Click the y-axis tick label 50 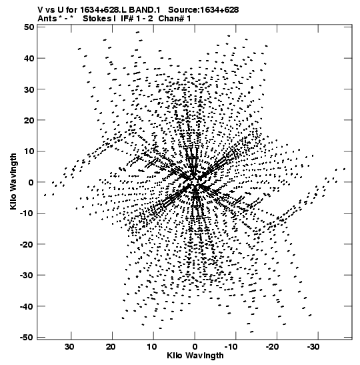29,27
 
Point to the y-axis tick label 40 29,58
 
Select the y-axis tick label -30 27,275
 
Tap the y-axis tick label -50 27,337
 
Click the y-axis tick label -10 27,214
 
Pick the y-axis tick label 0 31,182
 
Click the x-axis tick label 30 69,347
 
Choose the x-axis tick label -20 274,347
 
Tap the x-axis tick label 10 151,347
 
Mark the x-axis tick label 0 195,347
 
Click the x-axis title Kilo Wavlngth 195,356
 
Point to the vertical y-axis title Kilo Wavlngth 13,181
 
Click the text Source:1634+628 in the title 203,10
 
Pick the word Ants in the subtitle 47,19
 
